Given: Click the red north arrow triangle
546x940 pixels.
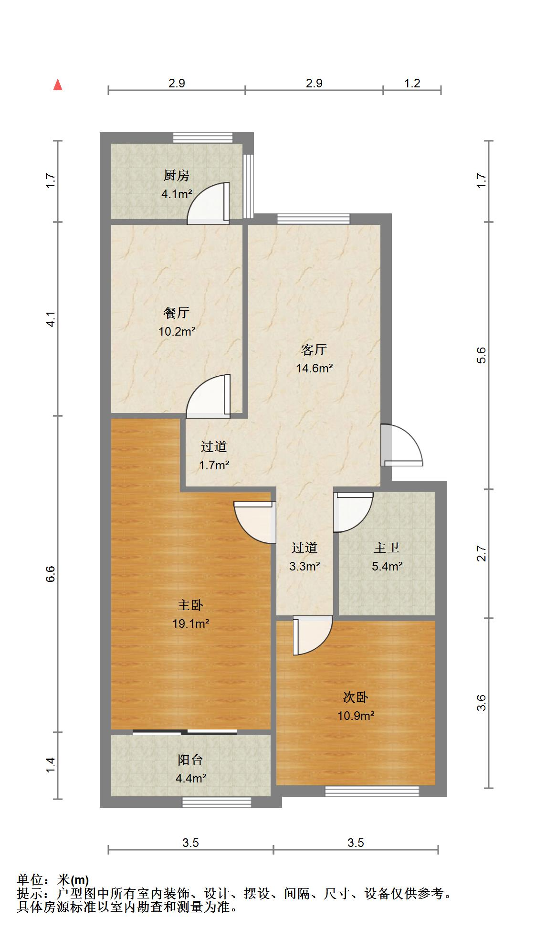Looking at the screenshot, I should pos(58,85).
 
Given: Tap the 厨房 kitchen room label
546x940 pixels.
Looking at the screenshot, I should pos(177,176).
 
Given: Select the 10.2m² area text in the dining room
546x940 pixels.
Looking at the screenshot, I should pos(177,331).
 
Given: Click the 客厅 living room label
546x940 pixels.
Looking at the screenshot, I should pos(314,350).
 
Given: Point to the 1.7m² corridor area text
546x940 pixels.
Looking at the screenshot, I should pos(214,465).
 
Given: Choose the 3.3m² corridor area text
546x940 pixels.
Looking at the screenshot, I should pos(304,567).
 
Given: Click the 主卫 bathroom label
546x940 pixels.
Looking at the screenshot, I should pos(387,548).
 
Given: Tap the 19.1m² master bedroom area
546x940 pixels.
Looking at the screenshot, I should pos(191,623).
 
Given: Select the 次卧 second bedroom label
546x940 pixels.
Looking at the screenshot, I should pos(356,697).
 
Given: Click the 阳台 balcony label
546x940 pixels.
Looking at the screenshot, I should pos(190,760).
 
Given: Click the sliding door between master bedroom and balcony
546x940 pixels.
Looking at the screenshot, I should pos(185,732).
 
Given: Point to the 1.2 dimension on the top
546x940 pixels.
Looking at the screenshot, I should pos(412,84).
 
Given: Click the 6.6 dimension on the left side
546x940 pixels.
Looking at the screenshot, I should pos(51,573).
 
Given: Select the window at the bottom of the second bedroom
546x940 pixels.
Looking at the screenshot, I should pos(372,792).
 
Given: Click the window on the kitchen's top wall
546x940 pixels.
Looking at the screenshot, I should pos(202,137).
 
